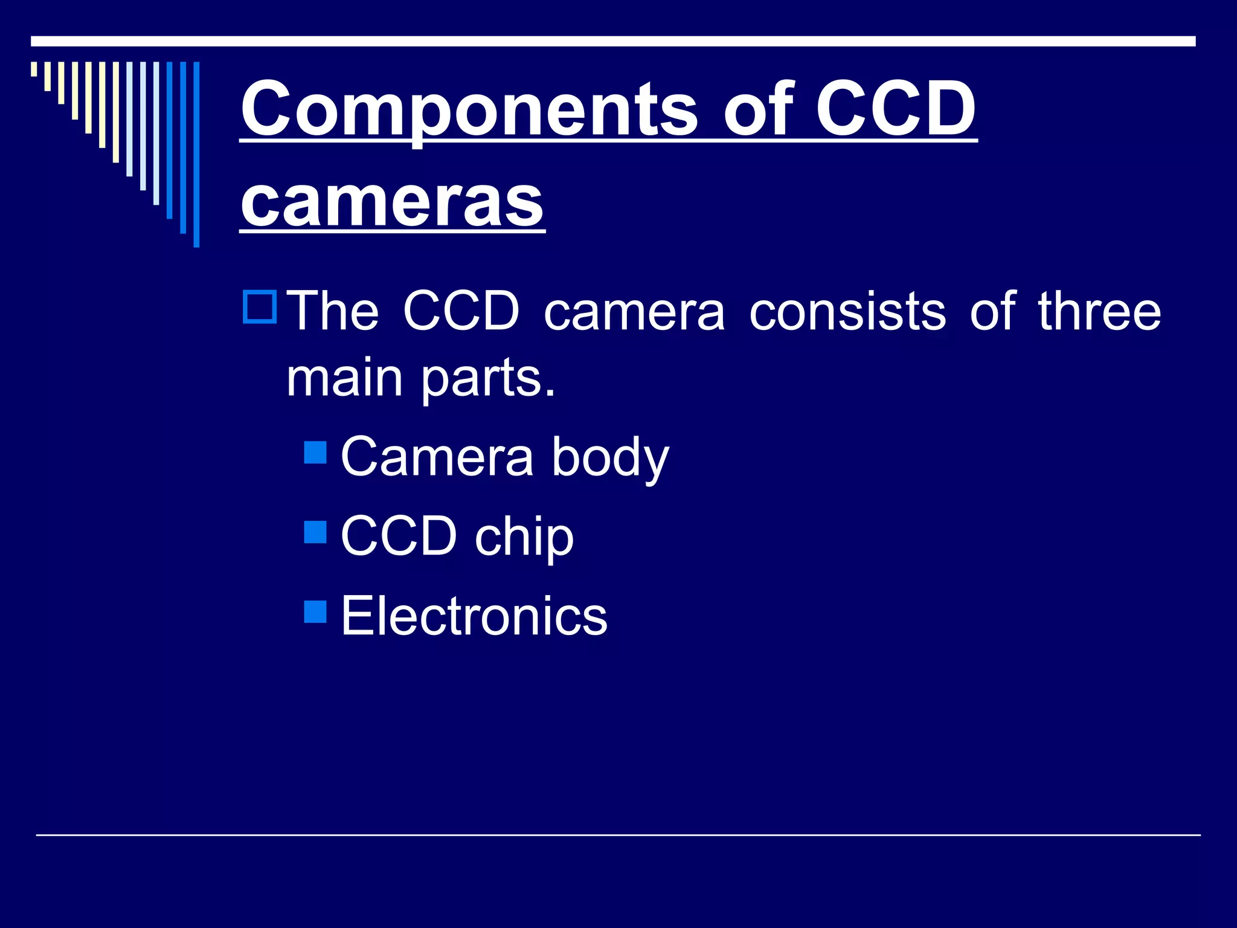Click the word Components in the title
(x=469, y=111)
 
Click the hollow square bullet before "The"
(x=260, y=307)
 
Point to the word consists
(x=847, y=311)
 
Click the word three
(x=1099, y=311)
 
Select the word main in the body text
(x=344, y=378)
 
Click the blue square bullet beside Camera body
(x=315, y=452)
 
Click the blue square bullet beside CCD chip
(x=315, y=532)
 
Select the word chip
(x=524, y=537)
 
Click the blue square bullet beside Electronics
(x=315, y=611)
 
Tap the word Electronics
(x=474, y=616)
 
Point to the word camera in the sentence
(x=634, y=312)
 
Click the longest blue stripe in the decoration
(x=196, y=154)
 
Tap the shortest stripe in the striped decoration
(x=34, y=69)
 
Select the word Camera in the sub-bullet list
(x=437, y=457)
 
